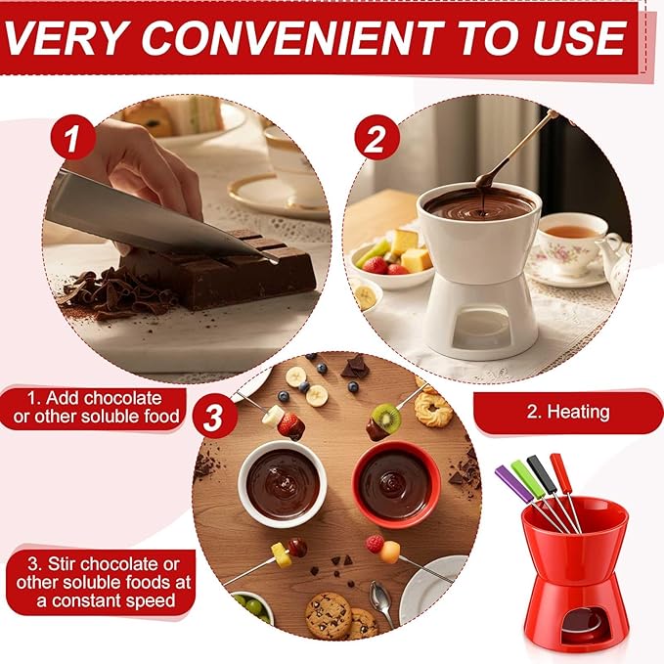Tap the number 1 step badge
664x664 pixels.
(73, 139)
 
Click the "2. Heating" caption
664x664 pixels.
(567, 412)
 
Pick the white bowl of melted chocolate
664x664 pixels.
(283, 482)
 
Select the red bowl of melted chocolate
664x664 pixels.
(395, 483)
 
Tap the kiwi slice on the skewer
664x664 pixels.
(387, 420)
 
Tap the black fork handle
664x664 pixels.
(542, 467)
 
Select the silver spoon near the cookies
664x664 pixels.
(382, 598)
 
